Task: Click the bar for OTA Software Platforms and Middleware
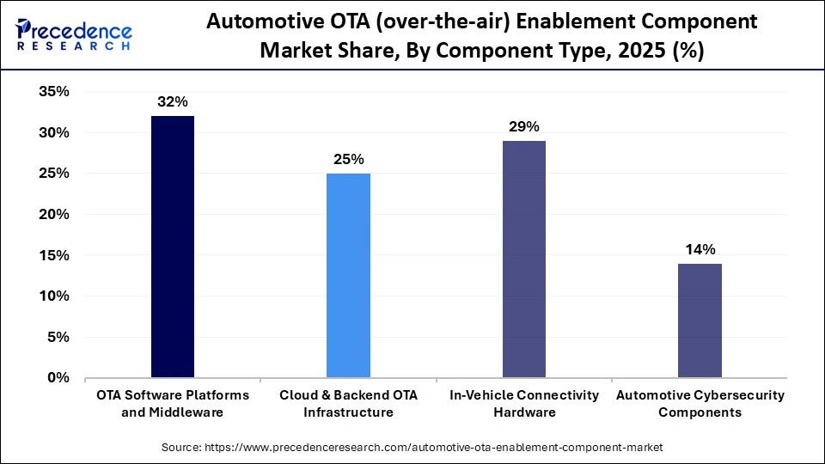tap(172, 247)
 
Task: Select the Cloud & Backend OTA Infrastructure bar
tap(348, 275)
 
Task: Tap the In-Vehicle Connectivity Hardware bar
tap(523, 259)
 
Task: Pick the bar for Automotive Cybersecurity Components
tap(700, 320)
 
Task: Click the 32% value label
tap(172, 101)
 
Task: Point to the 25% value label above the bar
tap(348, 159)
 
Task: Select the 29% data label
tap(523, 126)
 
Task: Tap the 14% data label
tap(700, 249)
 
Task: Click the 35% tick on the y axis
tap(54, 92)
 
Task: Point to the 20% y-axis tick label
tap(54, 215)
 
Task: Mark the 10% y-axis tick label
tap(54, 296)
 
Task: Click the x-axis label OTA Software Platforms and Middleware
tap(172, 403)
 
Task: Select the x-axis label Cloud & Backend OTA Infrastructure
tap(348, 403)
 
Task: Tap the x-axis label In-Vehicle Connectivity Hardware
tap(523, 403)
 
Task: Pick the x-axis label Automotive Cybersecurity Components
tap(700, 403)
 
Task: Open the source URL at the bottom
tap(412, 448)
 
